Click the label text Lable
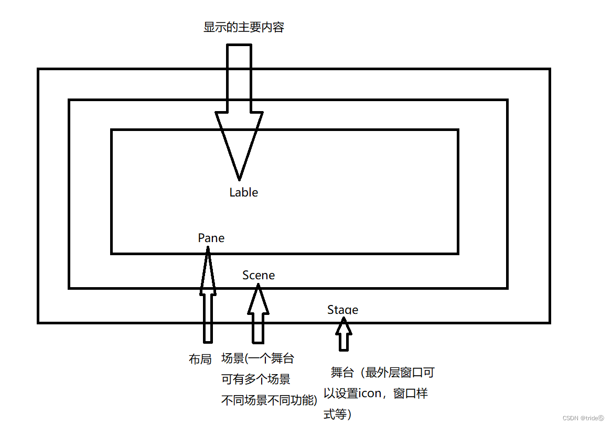click(244, 192)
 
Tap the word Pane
click(211, 238)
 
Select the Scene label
click(259, 275)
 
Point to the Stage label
click(343, 310)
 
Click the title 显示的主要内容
click(244, 28)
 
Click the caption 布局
click(200, 359)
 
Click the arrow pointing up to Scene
click(258, 314)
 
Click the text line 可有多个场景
click(256, 379)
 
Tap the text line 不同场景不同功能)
click(270, 401)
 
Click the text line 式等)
click(337, 415)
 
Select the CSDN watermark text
click(583, 418)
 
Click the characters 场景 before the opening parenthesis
click(233, 359)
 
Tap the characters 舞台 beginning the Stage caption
click(343, 373)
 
